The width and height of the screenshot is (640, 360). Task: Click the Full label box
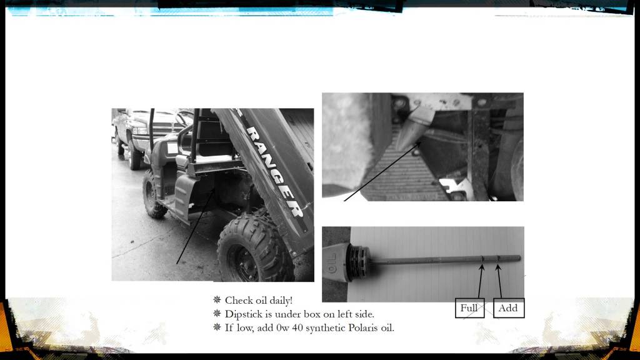pyautogui.click(x=470, y=308)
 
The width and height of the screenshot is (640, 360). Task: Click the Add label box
pyautogui.click(x=509, y=308)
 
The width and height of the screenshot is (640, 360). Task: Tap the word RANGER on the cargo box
pyautogui.click(x=276, y=171)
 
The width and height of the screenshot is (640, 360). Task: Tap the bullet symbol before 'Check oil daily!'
pyautogui.click(x=217, y=300)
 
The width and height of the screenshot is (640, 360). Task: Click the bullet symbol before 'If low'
pyautogui.click(x=217, y=327)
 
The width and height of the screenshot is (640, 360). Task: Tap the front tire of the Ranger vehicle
pyautogui.click(x=154, y=194)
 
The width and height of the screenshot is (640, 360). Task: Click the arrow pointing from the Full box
pyautogui.click(x=481, y=281)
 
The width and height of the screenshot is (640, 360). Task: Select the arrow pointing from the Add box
pyautogui.click(x=499, y=281)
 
